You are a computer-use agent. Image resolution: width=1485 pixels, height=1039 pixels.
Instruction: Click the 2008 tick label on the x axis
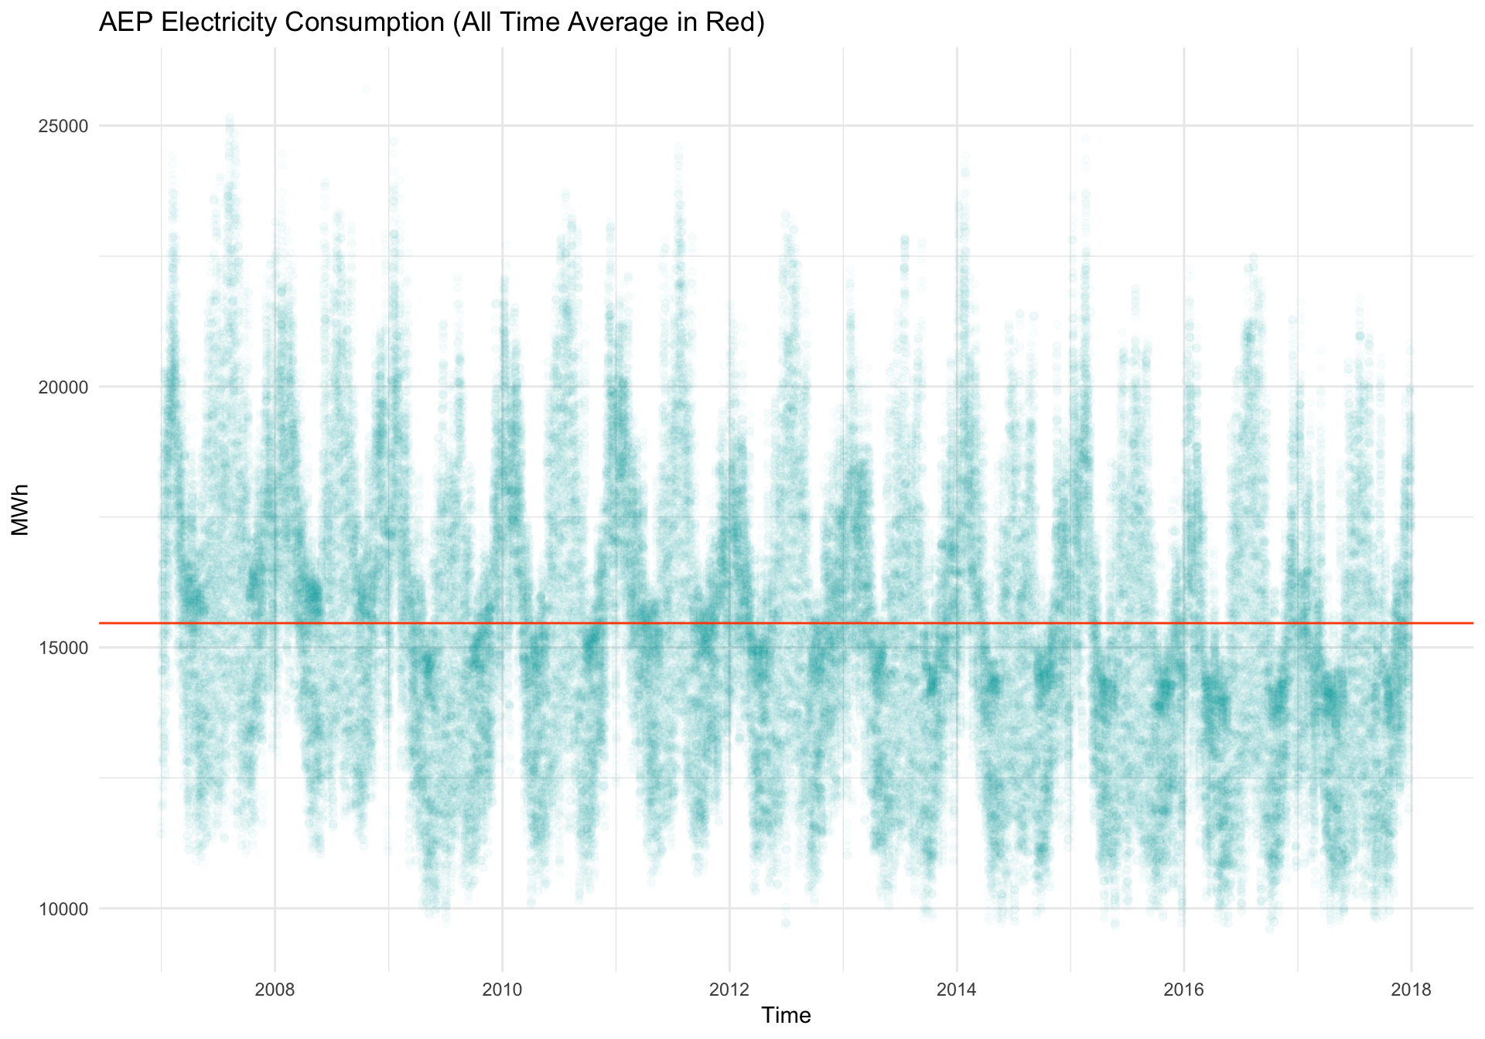pos(275,991)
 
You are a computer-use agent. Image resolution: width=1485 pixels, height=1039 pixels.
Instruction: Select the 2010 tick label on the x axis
pos(502,991)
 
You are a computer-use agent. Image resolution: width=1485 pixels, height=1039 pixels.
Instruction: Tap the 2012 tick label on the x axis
pos(729,991)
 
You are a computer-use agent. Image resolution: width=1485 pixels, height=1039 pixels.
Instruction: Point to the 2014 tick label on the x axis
pos(957,991)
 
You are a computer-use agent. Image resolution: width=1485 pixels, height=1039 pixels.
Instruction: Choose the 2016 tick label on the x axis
pos(1184,991)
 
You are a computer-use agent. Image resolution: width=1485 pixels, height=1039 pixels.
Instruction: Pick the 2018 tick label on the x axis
pos(1412,991)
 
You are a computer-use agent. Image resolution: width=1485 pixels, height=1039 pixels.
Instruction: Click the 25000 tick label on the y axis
pos(63,126)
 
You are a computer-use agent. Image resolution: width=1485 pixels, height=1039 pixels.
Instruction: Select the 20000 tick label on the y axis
pos(63,387)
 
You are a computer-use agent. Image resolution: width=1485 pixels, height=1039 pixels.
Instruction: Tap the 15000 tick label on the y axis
pos(63,649)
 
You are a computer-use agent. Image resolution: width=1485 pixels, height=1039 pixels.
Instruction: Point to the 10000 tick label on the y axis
pos(63,909)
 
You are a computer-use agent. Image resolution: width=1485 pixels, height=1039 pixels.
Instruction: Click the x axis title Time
pos(786,1015)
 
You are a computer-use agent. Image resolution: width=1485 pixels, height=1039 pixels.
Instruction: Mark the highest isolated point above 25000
pos(366,89)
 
